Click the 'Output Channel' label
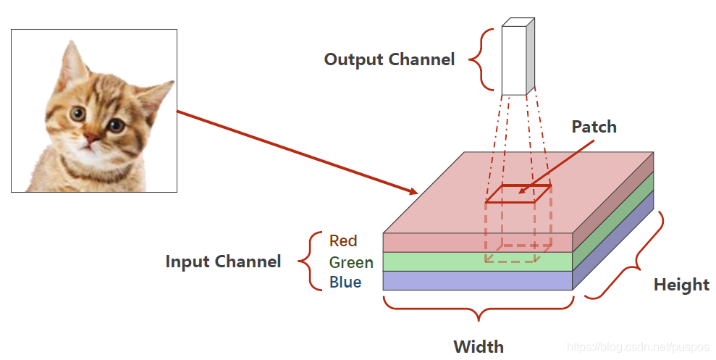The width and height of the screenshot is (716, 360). [389, 59]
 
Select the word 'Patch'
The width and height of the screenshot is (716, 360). [594, 127]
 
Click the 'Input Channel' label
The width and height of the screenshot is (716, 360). [223, 261]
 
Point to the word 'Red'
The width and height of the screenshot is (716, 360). [343, 240]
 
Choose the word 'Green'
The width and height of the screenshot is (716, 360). [351, 262]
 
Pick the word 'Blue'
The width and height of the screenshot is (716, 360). [345, 282]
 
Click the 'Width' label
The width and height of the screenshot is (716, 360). [479, 346]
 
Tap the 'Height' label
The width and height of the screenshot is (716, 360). [681, 285]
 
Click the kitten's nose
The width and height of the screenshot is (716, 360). [90, 138]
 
